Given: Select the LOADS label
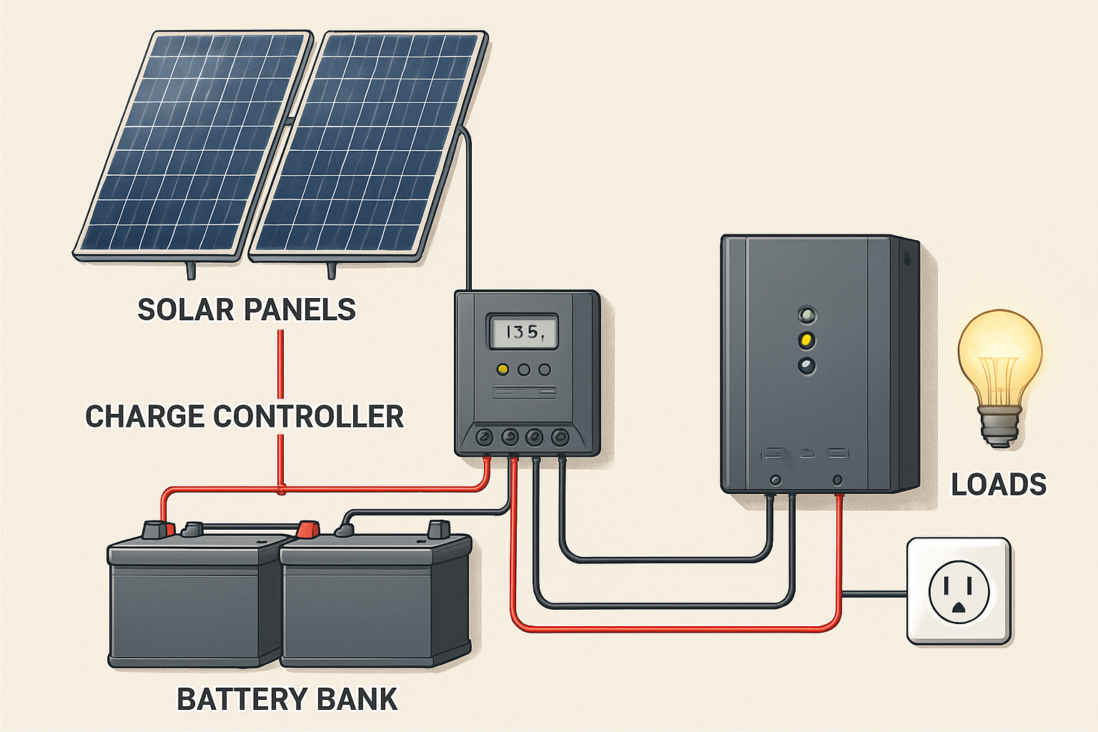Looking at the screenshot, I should pos(998,485).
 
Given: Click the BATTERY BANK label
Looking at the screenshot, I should pos(287,699).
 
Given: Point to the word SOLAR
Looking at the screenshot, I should pos(185,310).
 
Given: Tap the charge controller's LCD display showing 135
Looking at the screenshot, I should pos(523,332).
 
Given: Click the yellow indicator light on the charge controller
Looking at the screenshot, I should pos(503,370).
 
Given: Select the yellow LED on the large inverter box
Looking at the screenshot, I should pos(807,340).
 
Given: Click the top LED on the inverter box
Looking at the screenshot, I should pos(807,315).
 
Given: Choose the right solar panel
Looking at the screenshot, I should pos(368,147).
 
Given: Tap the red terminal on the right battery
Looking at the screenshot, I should pos(308,529).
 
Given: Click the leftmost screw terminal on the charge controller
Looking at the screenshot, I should pos(485,436).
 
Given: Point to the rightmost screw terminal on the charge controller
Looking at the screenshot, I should pos(560,436).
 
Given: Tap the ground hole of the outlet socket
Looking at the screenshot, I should pos(959,608).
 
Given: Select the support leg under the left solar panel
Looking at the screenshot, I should pos(191,270).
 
